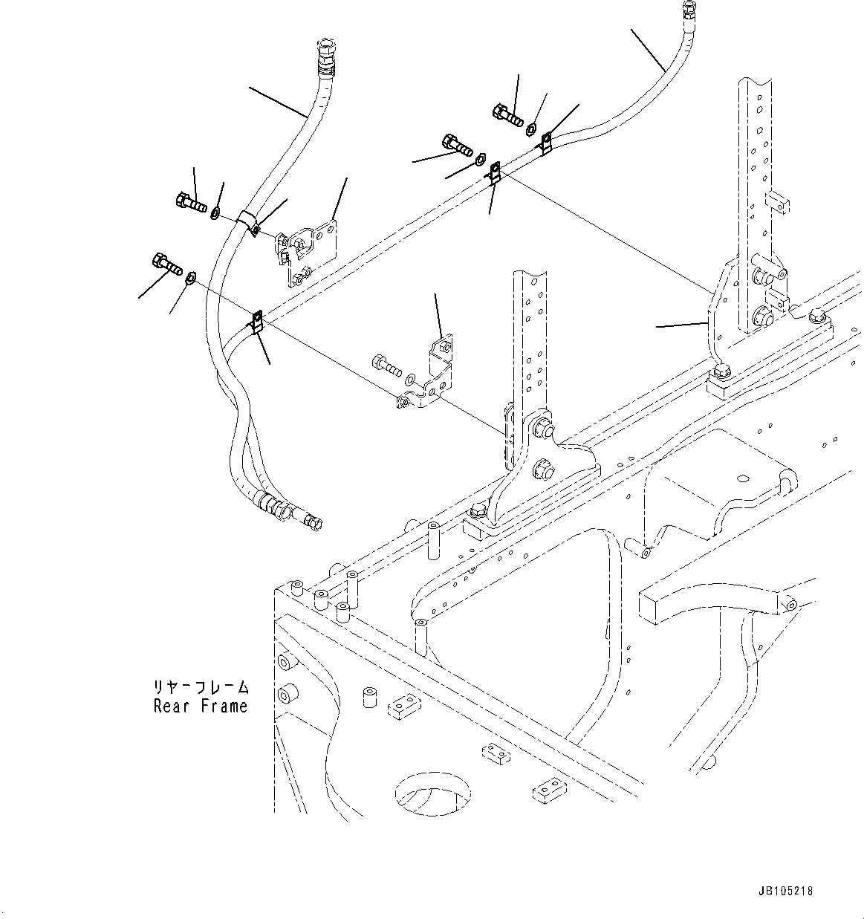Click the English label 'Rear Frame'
point(200,707)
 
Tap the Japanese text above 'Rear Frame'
point(201,687)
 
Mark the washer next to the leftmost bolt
point(190,278)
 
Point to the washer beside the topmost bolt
point(532,130)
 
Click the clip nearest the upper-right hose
point(546,143)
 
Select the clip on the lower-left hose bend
point(256,323)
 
